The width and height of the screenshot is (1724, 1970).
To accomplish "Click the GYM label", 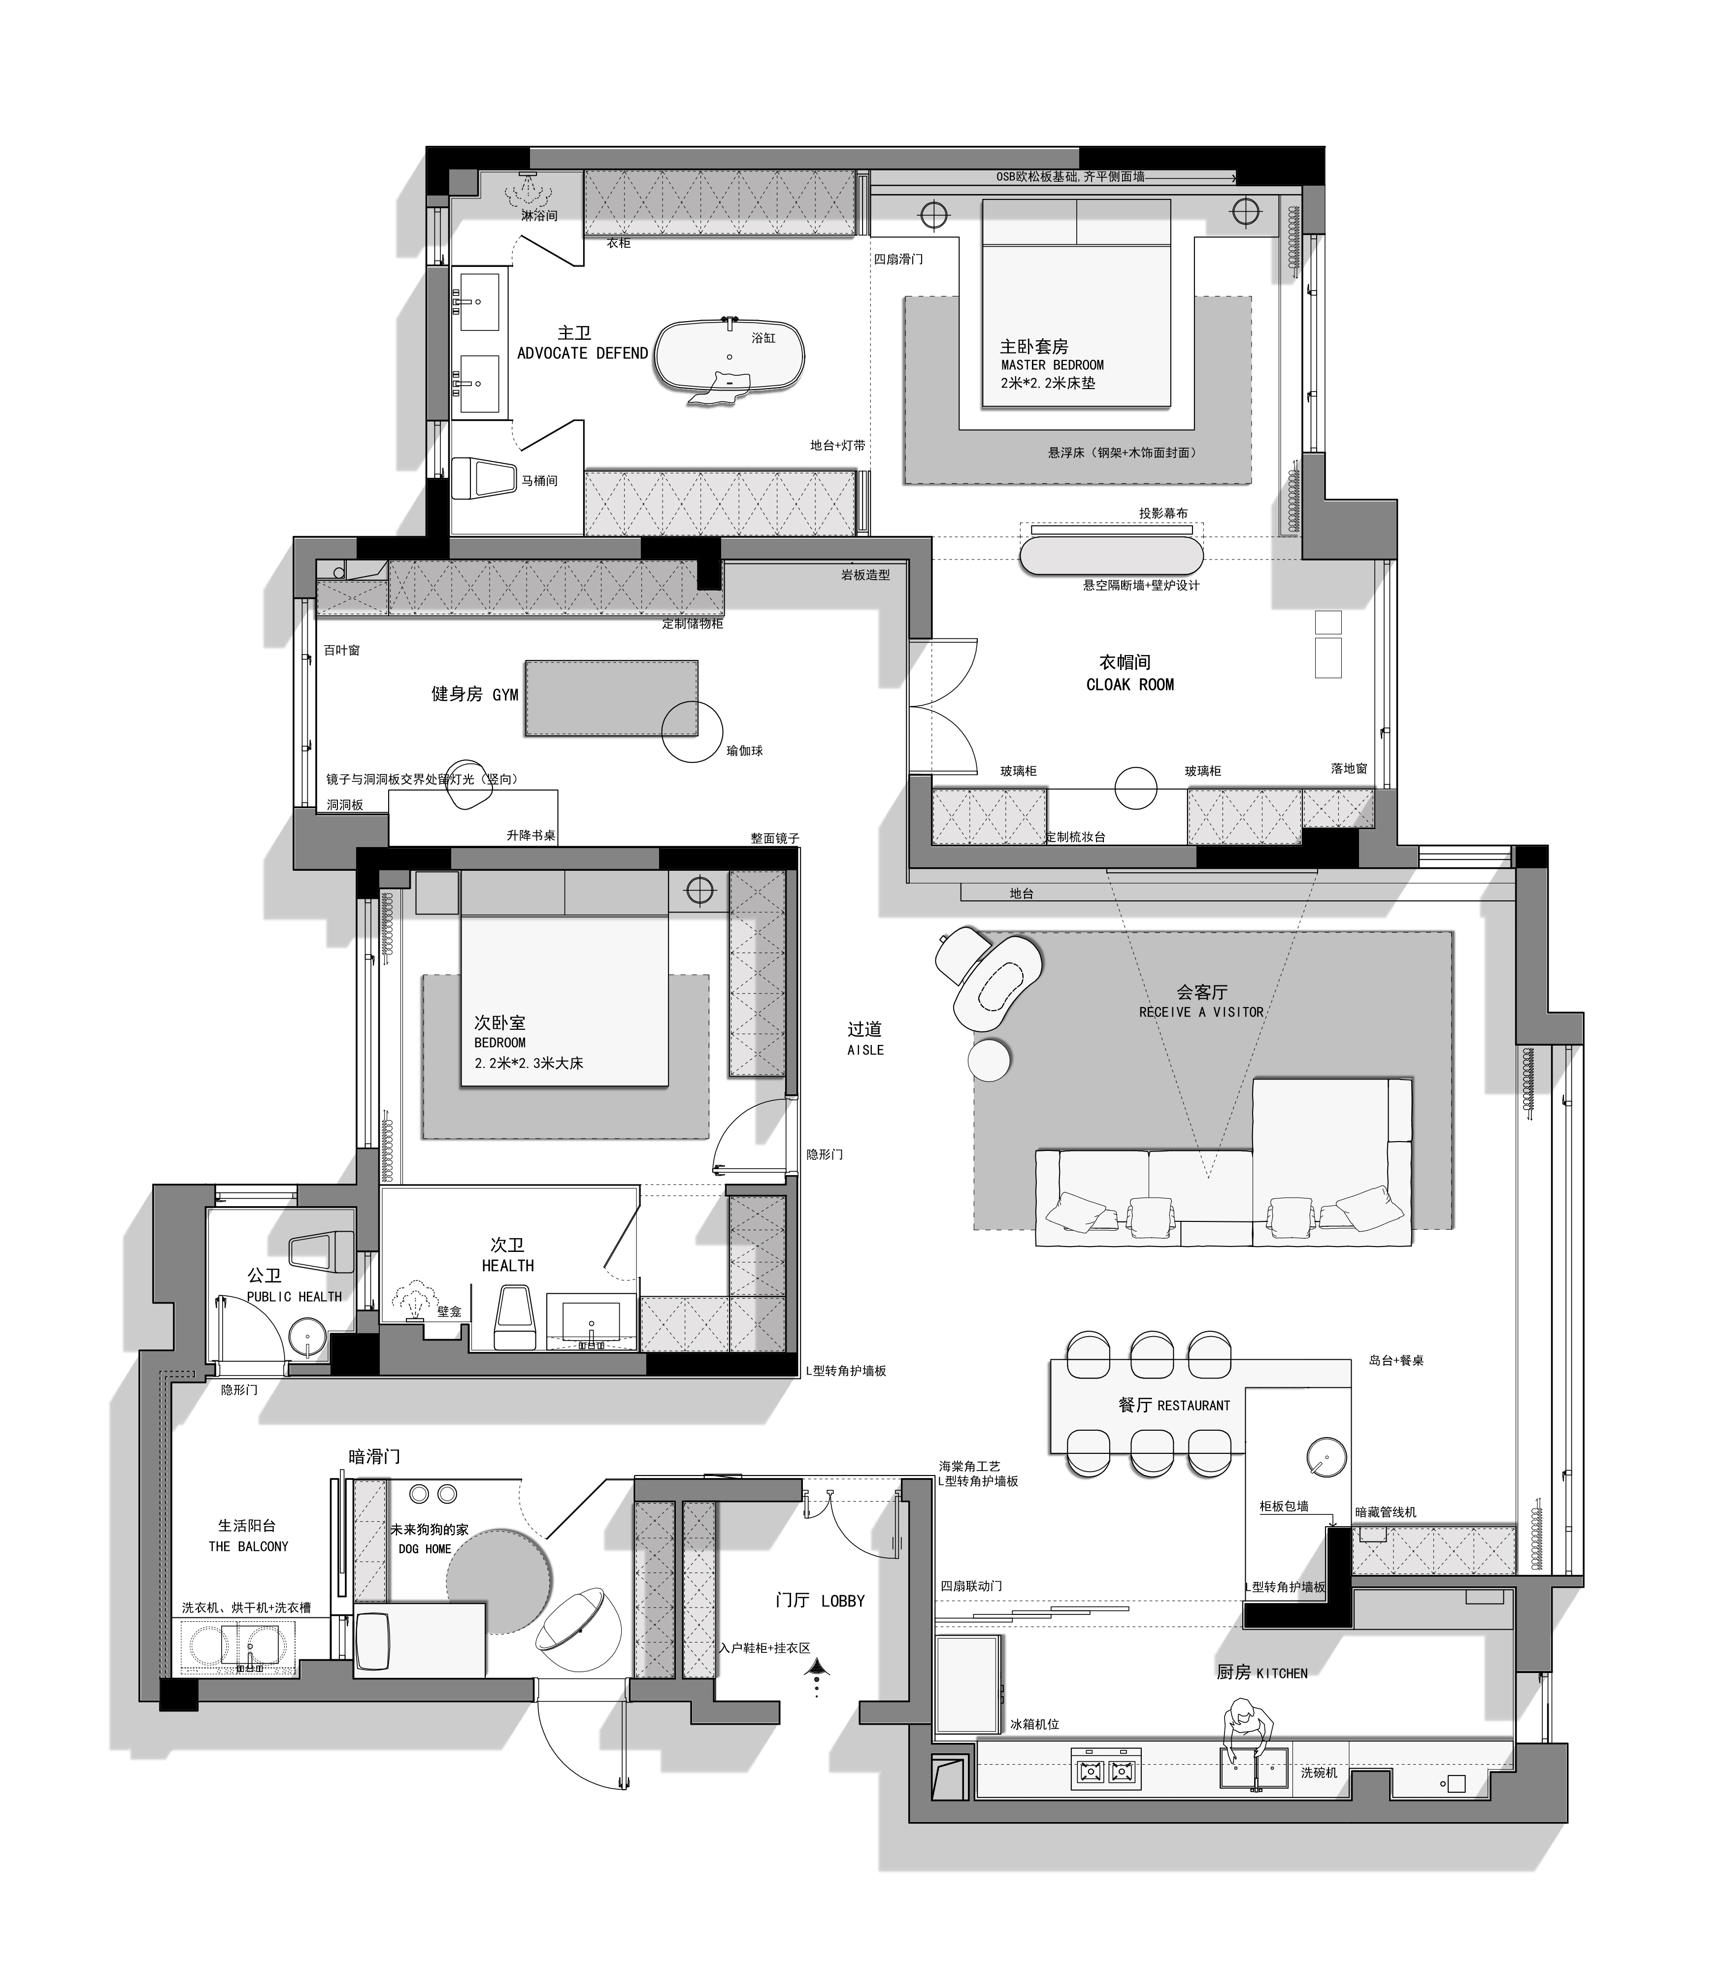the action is pos(505,694).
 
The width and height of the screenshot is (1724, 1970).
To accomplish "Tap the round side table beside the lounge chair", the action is pos(990,1060).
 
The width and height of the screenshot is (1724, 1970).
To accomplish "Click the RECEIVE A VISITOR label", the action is pos(1201,1012).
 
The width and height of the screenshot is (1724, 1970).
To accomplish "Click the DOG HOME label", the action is pos(424,1549).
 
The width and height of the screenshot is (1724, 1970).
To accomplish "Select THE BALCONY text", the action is pos(248,1547).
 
